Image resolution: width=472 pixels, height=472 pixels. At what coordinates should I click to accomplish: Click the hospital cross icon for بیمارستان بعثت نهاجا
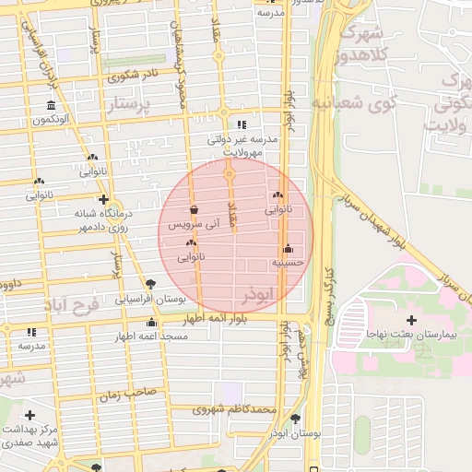[x=411, y=320]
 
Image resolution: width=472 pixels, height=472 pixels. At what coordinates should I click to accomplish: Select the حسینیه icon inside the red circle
[x=289, y=249]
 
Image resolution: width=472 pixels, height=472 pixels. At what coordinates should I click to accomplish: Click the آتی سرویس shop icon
[x=194, y=209]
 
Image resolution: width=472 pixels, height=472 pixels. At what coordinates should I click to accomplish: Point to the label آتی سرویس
[x=191, y=224]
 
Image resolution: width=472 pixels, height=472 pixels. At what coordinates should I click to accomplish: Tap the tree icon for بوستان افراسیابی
[x=150, y=284]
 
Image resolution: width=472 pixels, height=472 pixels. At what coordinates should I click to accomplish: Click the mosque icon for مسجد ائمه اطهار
[x=151, y=323]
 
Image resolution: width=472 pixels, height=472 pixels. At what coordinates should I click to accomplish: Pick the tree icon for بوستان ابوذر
[x=295, y=419]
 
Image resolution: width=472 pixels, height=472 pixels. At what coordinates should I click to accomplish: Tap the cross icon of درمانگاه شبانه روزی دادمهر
[x=104, y=199]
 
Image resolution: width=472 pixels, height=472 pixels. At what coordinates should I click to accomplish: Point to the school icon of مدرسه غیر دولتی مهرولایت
[x=242, y=124]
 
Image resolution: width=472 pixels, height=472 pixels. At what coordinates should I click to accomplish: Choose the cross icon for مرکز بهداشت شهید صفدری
[x=31, y=417]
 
